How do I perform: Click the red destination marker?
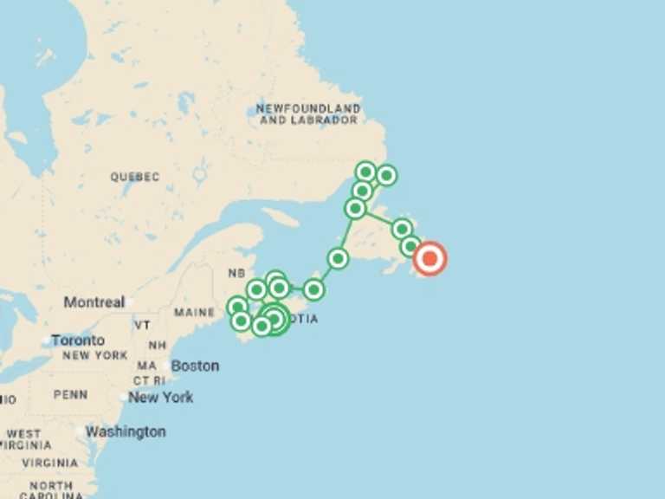429,258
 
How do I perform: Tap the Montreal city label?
94,302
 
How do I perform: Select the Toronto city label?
77,340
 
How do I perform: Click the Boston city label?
195,366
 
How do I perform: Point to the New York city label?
161,397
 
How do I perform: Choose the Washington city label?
126,431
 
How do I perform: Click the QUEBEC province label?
134,177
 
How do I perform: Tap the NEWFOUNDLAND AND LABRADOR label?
308,113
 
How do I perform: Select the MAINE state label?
194,312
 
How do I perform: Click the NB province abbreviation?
236,273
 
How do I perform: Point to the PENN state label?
70,394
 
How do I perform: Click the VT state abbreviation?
142,324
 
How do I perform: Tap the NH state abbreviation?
158,344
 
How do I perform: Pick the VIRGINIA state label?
49,463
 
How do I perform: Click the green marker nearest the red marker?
411,246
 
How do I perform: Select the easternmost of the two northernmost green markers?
386,176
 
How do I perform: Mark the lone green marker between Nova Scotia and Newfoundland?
338,258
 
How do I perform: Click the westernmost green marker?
236,307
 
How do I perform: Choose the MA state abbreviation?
147,366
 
